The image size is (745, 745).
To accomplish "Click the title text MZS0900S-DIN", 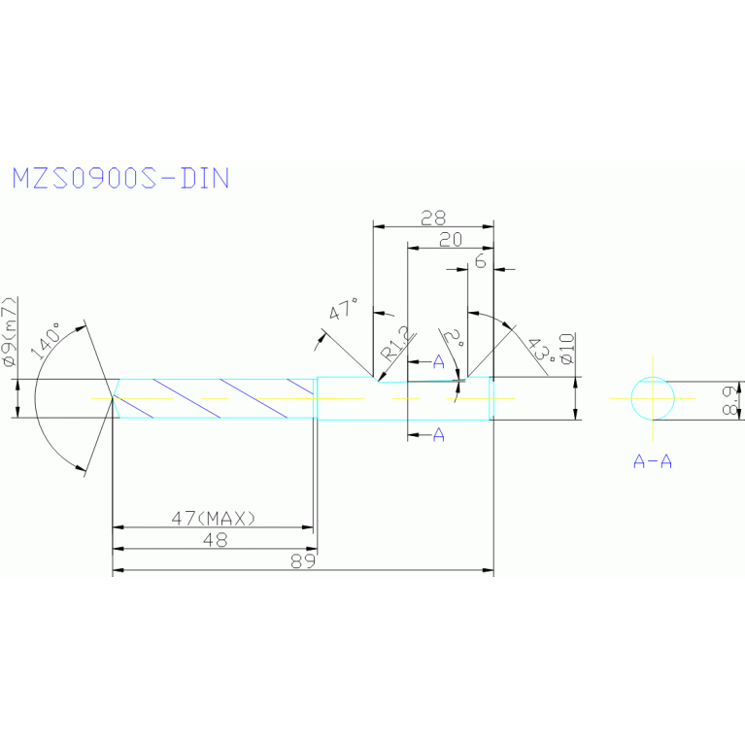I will click(120, 178).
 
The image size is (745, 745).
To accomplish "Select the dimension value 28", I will click(433, 217).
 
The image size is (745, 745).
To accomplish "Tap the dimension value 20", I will click(451, 240).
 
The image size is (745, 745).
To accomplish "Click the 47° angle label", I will click(343, 312).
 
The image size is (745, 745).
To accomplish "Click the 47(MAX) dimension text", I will click(213, 519).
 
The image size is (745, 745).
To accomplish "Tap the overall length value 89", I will click(303, 561).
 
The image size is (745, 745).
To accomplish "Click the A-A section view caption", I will click(653, 461).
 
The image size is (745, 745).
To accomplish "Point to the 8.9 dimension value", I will click(733, 398).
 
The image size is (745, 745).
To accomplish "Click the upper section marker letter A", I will click(438, 362).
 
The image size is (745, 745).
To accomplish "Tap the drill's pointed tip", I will click(109, 398).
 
